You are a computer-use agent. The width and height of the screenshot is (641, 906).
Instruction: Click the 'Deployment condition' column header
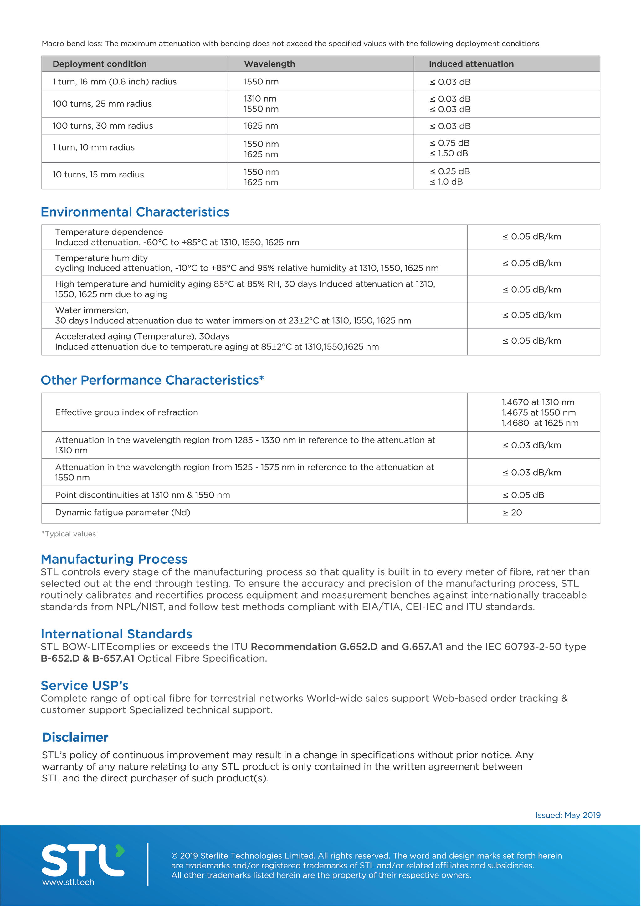pyautogui.click(x=100, y=64)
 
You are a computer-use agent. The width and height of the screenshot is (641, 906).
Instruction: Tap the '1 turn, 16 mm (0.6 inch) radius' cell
pyautogui.click(x=115, y=82)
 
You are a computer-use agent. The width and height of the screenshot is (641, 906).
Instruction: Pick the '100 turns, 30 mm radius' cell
pyautogui.click(x=103, y=126)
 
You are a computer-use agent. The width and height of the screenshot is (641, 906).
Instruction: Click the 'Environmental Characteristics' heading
pyautogui.click(x=135, y=212)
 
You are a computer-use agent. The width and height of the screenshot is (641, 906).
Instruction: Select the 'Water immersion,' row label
pyautogui.click(x=92, y=310)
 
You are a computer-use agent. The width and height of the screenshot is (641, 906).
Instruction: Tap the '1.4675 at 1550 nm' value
pyautogui.click(x=538, y=412)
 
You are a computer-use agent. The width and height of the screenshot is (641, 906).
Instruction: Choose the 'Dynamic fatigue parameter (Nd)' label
pyautogui.click(x=123, y=513)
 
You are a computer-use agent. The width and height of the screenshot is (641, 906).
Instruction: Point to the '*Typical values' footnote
pyautogui.click(x=69, y=534)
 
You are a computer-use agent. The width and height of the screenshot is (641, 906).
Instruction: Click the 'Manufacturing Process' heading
pyautogui.click(x=114, y=559)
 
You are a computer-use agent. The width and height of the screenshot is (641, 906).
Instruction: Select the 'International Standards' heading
pyautogui.click(x=116, y=634)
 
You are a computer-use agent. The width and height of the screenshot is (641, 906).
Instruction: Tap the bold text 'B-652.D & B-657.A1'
pyautogui.click(x=88, y=658)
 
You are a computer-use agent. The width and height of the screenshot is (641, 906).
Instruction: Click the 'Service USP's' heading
pyautogui.click(x=85, y=685)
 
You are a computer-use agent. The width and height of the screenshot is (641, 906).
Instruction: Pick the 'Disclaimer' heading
pyautogui.click(x=75, y=737)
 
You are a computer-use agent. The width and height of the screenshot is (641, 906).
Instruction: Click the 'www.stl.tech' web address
pyautogui.click(x=68, y=882)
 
